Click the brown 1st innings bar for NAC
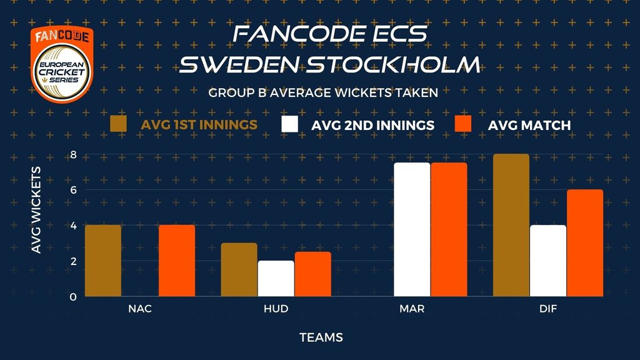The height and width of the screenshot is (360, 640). click(x=103, y=261)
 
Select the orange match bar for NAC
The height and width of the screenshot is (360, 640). click(x=177, y=261)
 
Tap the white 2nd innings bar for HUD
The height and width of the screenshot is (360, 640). click(x=276, y=278)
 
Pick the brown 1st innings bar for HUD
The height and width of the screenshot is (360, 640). click(x=239, y=269)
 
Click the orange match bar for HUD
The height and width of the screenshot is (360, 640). click(x=313, y=274)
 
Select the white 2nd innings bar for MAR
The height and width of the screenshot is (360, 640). click(x=412, y=229)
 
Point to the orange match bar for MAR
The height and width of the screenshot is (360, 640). click(x=449, y=229)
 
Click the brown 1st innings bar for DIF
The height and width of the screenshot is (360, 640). click(x=511, y=225)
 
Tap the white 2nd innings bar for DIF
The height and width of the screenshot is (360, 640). click(x=548, y=261)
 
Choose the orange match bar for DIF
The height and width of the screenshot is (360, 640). click(x=585, y=243)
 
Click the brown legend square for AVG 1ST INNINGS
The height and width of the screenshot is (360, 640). click(x=118, y=124)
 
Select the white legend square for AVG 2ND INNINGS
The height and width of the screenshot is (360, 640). click(x=290, y=124)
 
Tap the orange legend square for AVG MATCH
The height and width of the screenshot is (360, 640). click(x=463, y=124)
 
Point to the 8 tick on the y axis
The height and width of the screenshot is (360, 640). click(x=74, y=155)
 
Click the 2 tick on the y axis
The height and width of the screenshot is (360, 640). click(x=74, y=261)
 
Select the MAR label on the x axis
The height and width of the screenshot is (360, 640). click(x=412, y=309)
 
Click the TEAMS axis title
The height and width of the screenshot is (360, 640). click(x=321, y=337)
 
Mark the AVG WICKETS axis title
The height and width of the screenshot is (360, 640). click(x=36, y=210)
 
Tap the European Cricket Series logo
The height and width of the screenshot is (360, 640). click(x=62, y=64)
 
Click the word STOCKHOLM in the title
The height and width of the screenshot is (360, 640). click(x=393, y=65)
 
